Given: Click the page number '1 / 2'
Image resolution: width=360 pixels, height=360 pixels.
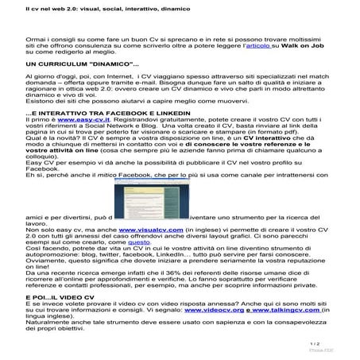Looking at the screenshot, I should click(x=337, y=344).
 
